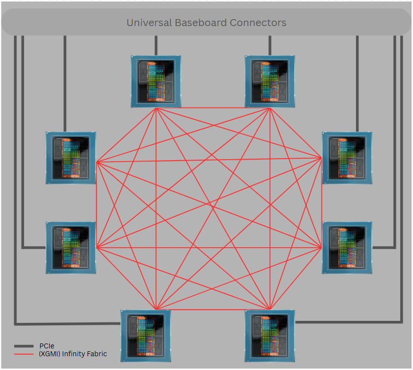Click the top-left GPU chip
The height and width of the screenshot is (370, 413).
coord(156,82)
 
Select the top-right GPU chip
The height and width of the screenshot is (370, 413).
coord(270,82)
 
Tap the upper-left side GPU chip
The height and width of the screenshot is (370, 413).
coord(71,158)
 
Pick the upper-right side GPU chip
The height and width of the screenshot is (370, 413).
coord(347,158)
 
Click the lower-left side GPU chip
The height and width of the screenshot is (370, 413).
coord(71,248)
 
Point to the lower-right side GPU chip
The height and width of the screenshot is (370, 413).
coord(347,248)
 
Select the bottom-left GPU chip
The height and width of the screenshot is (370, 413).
coord(146,336)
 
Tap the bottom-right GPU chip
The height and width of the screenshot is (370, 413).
coord(270,336)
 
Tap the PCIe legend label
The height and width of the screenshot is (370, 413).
coord(47,346)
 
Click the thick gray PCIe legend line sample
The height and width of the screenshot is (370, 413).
coord(24,346)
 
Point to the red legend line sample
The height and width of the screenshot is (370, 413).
coord(24,354)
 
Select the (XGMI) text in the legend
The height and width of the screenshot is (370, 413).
coord(50,354)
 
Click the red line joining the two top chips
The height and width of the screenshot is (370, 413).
coord(213,108)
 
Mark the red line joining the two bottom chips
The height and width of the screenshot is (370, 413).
coord(213,310)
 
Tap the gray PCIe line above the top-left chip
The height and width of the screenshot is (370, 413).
coord(156,45)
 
